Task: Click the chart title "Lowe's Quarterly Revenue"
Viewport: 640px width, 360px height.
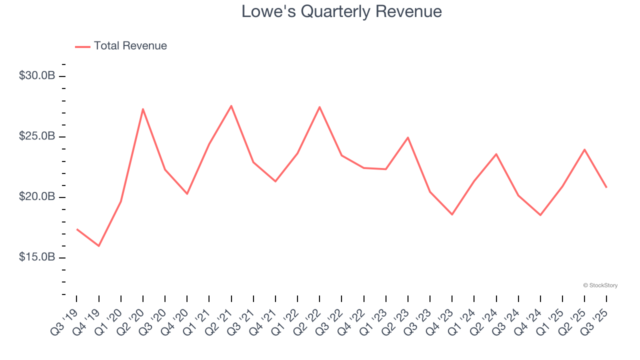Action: pos(341,11)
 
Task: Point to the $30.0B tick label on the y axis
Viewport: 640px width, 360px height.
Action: pos(36,76)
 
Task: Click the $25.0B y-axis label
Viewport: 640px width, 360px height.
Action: pos(36,136)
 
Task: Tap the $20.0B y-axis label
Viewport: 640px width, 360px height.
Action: pos(36,197)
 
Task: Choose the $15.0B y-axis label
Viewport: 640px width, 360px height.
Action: pos(36,257)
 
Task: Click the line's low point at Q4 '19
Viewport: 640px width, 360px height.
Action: pos(99,246)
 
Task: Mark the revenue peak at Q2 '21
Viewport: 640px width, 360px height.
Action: pos(231,105)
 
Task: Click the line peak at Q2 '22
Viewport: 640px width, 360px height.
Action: pos(319,107)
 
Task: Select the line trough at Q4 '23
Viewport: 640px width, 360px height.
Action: pos(452,214)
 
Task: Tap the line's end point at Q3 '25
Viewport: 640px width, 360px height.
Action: pos(606,187)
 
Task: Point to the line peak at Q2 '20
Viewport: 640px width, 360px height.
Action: pos(143,109)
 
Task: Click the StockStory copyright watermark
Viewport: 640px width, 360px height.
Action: pos(600,285)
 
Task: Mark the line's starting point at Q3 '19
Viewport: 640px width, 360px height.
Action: pos(77,229)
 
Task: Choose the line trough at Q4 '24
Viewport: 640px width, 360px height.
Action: pos(540,215)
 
